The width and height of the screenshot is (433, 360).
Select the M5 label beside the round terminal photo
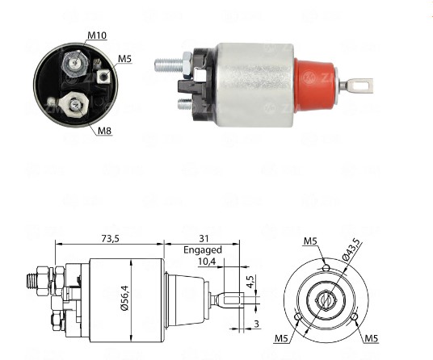pyautogui.click(x=124, y=58)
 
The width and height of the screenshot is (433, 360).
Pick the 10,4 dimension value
pyautogui.click(x=206, y=262)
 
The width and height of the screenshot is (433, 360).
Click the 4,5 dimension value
pyautogui.click(x=251, y=282)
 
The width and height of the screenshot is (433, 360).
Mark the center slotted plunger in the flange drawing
pyautogui.click(x=326, y=299)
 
